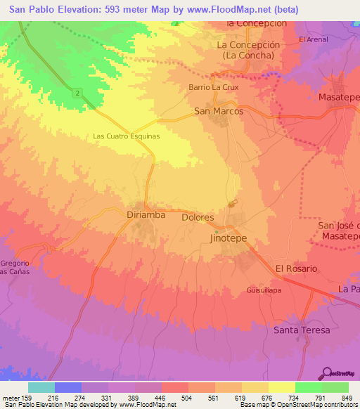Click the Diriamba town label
[146, 214]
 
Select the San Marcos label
[219, 111]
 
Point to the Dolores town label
[198, 218]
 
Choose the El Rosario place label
[296, 268]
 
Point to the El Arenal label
[313, 39]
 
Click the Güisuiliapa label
[264, 289]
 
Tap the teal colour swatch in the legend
[41, 387]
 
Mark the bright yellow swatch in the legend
[281, 387]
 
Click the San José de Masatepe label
[339, 231]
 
